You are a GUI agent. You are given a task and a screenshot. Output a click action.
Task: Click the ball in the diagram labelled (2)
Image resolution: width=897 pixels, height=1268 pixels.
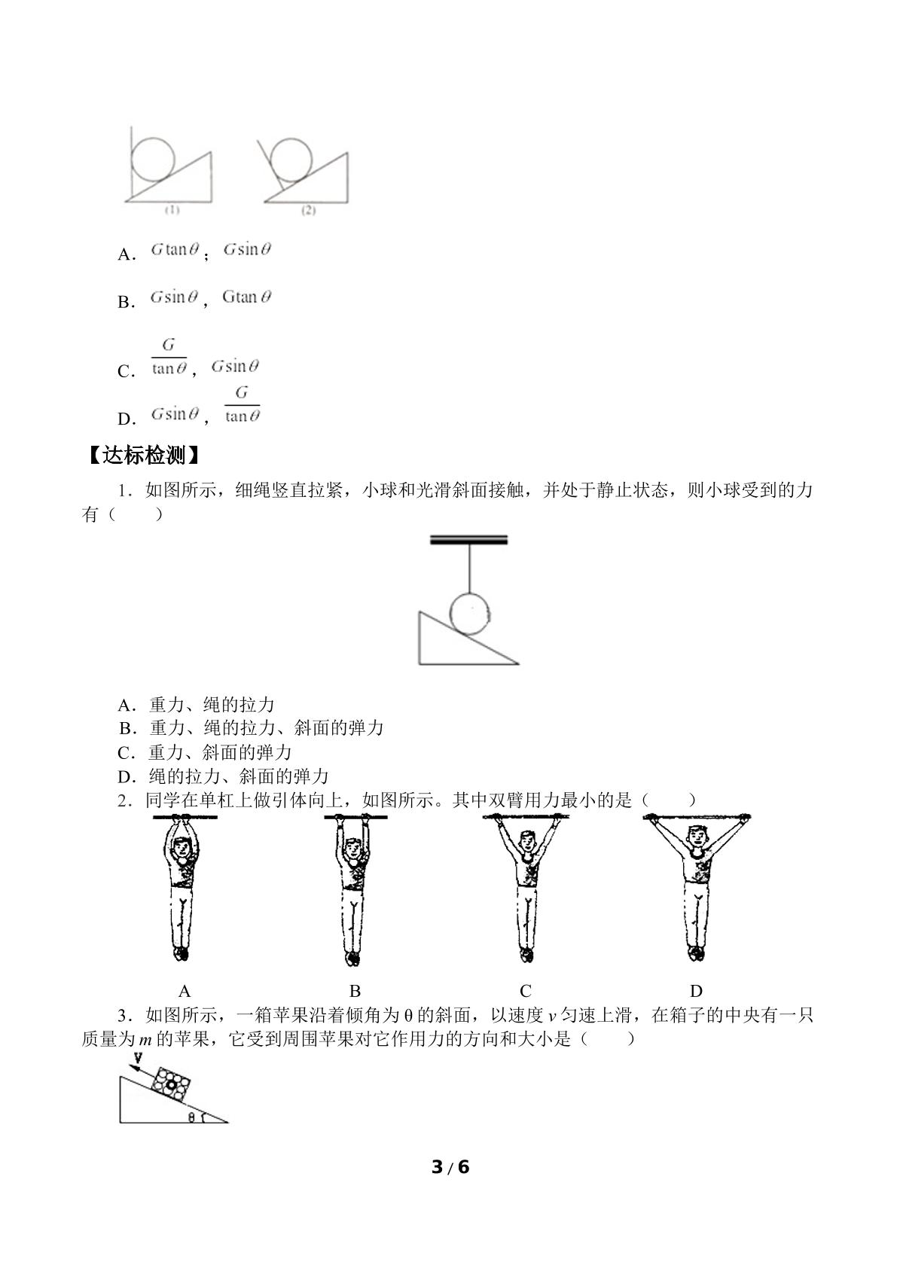tap(291, 161)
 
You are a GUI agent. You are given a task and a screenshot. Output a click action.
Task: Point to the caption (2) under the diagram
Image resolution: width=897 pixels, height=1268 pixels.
tap(308, 210)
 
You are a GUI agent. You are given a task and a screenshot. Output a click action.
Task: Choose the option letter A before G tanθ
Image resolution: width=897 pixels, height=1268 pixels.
tap(126, 255)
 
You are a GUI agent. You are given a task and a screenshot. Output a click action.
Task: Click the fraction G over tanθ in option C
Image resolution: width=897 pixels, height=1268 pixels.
tap(169, 358)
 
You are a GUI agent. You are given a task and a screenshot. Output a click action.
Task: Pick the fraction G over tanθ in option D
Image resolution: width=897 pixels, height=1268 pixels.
tap(242, 405)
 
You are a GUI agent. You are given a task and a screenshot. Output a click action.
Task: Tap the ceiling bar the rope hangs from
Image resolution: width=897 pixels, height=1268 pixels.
tap(468, 539)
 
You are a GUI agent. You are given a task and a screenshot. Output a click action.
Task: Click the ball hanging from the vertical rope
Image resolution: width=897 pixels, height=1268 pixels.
tap(469, 614)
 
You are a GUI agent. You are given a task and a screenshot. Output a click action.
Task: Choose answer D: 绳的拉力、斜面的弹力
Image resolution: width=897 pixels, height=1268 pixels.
tap(222, 776)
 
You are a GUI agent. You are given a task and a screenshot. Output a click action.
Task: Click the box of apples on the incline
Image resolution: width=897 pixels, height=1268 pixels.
tap(170, 1084)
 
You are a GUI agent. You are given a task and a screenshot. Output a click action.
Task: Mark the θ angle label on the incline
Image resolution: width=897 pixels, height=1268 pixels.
tap(191, 1117)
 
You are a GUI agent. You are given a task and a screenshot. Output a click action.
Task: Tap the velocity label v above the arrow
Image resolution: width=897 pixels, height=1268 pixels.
tap(138, 1056)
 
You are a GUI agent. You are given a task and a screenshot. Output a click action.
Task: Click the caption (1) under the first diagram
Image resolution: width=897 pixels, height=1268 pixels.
tap(172, 210)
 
